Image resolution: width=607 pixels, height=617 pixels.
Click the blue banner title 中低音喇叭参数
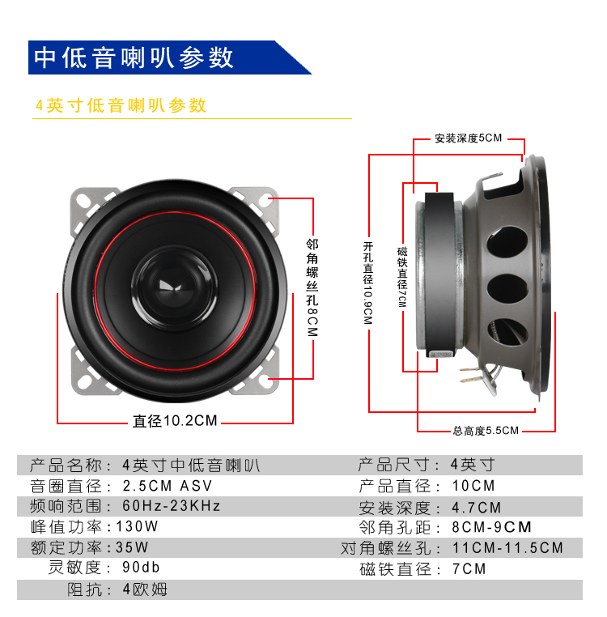pos(134,57)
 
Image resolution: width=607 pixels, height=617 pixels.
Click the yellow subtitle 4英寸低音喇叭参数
pos(121,105)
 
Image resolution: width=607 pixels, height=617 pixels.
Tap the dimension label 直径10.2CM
pos(175,421)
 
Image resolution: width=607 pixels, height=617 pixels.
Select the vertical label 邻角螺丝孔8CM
pos(312,287)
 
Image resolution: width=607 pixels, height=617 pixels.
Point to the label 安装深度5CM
pos(468,138)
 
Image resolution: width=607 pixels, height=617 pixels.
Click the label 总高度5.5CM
pos(486,431)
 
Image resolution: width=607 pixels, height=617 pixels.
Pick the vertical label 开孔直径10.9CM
pos(367,283)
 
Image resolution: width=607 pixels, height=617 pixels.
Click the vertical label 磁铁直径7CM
pos(402,277)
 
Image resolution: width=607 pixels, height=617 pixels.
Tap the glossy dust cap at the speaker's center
pos(174,287)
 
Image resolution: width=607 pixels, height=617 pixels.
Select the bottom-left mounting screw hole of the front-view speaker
pos(84,381)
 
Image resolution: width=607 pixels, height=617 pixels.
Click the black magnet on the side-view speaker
pos(439,274)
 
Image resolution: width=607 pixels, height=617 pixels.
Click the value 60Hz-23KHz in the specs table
pos(171,506)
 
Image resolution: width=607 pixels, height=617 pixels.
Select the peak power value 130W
pos(137,526)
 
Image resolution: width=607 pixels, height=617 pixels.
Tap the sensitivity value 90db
pos(141,567)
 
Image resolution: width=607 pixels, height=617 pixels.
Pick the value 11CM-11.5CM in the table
pos(507,547)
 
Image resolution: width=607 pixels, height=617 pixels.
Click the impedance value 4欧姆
pos(145,589)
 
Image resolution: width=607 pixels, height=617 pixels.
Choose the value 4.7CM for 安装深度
pos(477,508)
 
